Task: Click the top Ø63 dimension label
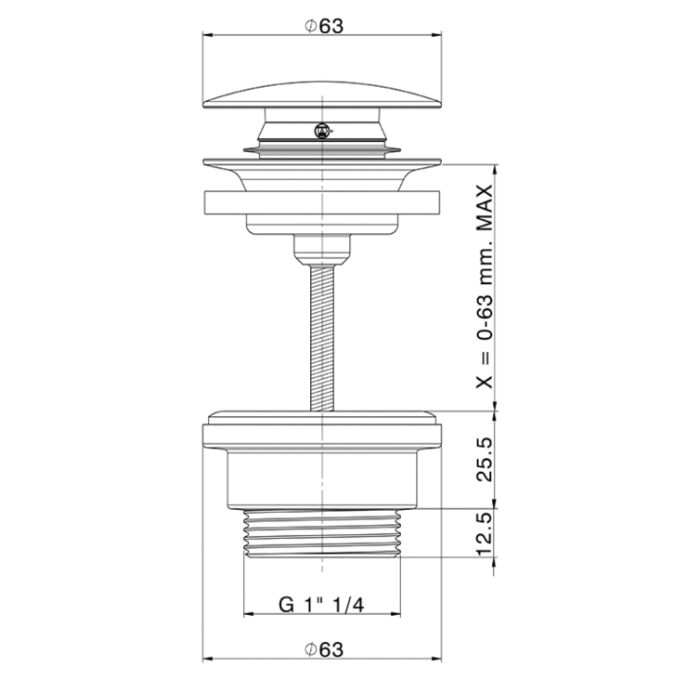pos(324,26)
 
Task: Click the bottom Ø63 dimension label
pos(324,650)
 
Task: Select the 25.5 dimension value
pos(484,460)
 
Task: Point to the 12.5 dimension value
pos(484,534)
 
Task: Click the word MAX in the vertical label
pos(484,208)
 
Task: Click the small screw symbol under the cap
pos(321,131)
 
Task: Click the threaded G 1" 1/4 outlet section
pos(322,533)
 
